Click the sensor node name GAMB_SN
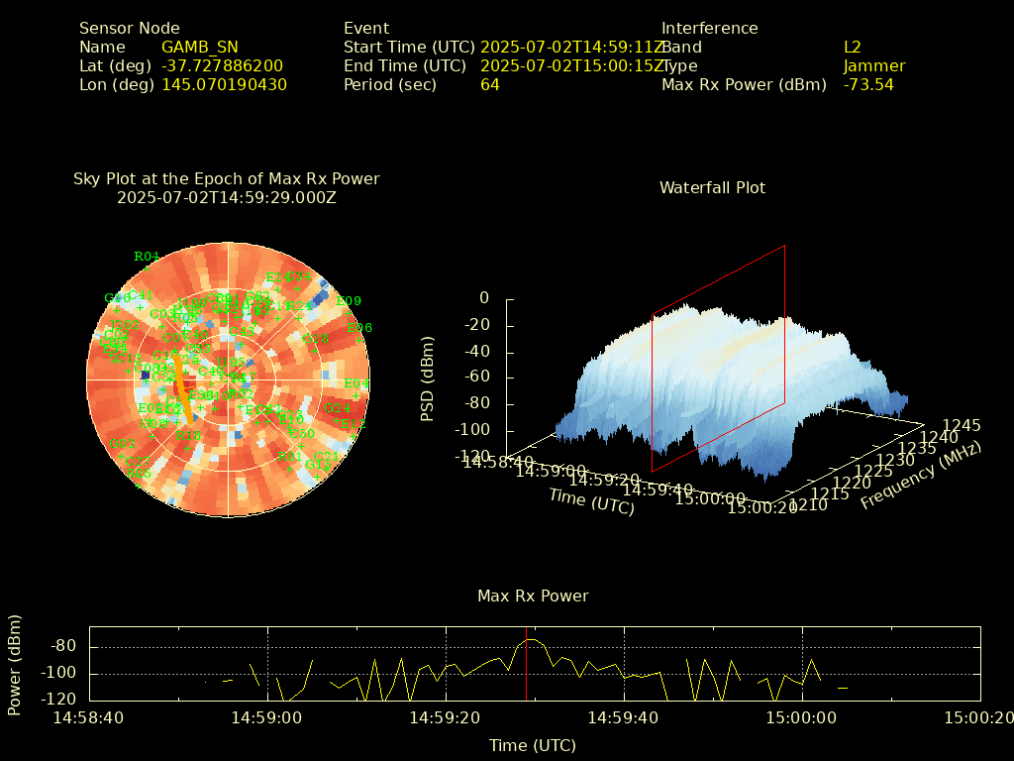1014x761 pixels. point(199,48)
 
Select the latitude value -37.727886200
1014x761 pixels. point(222,66)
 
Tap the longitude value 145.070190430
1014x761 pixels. point(224,85)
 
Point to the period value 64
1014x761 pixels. point(489,85)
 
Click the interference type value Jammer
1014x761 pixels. point(873,66)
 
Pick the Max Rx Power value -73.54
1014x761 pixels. point(867,85)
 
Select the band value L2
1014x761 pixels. point(852,48)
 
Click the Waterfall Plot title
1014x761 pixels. point(712,188)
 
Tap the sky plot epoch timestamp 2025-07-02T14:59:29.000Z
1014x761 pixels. point(226,198)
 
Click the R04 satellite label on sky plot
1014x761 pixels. point(146,257)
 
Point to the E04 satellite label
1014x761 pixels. point(355,383)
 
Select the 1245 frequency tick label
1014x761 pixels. point(962,426)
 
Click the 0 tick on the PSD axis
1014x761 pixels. point(483,298)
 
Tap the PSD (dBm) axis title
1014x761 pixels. point(428,378)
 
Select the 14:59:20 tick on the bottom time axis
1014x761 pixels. point(446,717)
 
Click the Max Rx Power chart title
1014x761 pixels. point(533,597)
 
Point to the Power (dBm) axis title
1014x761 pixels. point(15,664)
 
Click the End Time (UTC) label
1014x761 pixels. point(404,66)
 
